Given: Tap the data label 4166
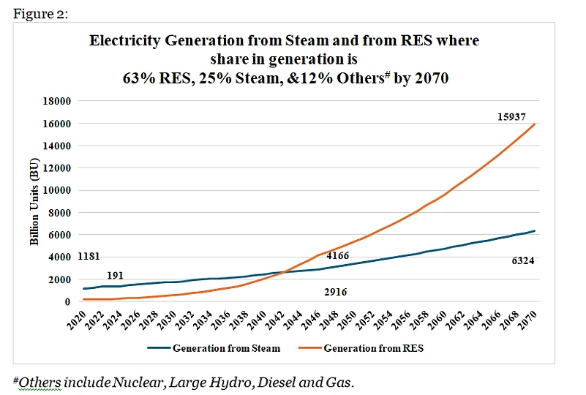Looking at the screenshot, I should [x=337, y=257].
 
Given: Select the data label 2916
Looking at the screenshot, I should [x=335, y=292].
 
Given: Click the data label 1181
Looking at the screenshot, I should [x=89, y=257].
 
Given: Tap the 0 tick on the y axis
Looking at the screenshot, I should [x=67, y=301].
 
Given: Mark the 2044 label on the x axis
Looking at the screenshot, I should [x=296, y=317].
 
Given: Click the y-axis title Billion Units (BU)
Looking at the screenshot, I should [x=34, y=201].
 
